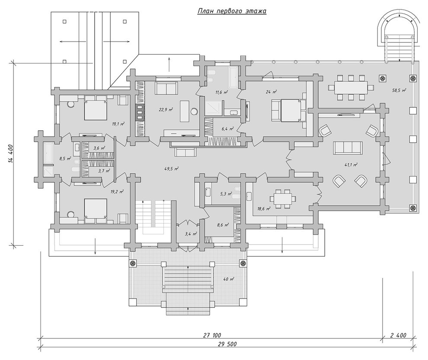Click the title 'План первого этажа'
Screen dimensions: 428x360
[x=232, y=11]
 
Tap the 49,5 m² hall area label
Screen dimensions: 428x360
[x=172, y=169]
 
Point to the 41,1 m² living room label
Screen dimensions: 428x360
[x=351, y=165]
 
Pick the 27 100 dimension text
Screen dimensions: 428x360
[x=212, y=335]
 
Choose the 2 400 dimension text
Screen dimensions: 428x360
[x=399, y=335]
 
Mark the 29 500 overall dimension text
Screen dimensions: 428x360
[x=227, y=344]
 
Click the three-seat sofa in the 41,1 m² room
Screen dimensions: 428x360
[x=348, y=148]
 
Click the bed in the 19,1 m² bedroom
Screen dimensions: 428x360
[x=95, y=108]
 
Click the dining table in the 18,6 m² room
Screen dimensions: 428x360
[x=282, y=199]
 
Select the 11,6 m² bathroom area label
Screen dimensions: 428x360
[x=222, y=92]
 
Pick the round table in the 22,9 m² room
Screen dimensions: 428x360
[x=195, y=112]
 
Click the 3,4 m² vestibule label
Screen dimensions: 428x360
[x=191, y=234]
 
